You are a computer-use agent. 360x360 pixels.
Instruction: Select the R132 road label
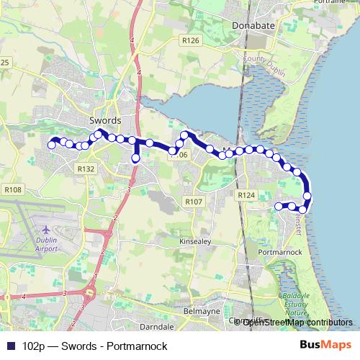pyautogui.click(x=86, y=168)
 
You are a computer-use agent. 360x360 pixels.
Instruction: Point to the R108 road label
pyautogui.click(x=14, y=190)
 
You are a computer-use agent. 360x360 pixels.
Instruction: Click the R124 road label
pyautogui.click(x=246, y=195)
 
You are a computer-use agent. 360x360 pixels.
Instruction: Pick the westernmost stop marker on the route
pyautogui.click(x=51, y=145)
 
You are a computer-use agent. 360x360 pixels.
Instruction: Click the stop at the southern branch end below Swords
pyautogui.click(x=135, y=158)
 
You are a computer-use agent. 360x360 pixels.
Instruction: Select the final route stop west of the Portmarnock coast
pyautogui.click(x=279, y=207)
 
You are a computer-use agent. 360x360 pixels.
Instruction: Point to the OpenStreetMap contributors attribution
pyautogui.click(x=297, y=322)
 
